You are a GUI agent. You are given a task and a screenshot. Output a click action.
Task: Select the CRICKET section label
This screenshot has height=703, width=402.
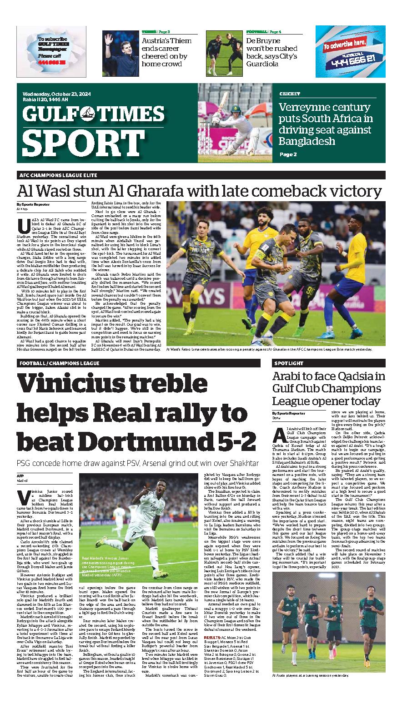[290, 94]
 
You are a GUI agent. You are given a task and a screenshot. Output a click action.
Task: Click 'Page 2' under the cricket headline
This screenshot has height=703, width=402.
[287, 154]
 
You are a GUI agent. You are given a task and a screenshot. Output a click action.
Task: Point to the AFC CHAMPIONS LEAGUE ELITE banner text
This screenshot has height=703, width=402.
[58, 175]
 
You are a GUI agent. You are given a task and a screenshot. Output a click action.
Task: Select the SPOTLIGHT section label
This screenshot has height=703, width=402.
[289, 363]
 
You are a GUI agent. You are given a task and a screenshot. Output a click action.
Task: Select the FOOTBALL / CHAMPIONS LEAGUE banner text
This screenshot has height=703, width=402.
[60, 363]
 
